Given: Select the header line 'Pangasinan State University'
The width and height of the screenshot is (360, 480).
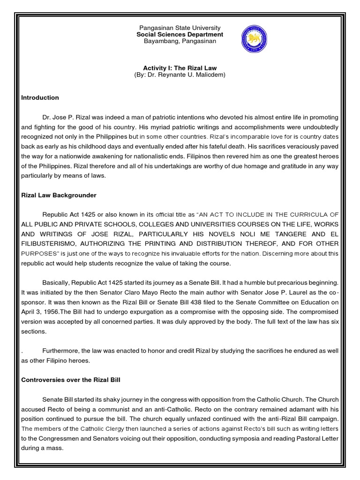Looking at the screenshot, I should click(x=180, y=28).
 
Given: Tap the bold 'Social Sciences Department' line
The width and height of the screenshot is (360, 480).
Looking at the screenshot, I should click(x=180, y=35).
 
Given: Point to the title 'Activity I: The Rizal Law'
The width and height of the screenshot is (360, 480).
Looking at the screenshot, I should click(x=180, y=67).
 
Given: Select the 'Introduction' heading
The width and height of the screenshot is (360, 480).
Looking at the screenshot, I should click(x=40, y=97).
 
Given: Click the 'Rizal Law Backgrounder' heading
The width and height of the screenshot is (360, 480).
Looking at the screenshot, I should click(x=59, y=195).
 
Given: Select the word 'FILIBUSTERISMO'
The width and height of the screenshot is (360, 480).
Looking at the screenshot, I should click(x=50, y=243).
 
